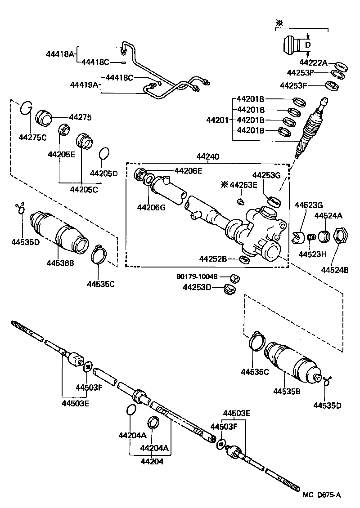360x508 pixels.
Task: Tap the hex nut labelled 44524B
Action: point(341,235)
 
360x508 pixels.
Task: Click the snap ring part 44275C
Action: point(27,108)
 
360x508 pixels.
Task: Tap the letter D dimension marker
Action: point(308,45)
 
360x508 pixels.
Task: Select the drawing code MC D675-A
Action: point(322,495)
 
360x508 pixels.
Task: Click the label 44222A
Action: point(314,63)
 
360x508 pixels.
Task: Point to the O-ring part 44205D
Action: point(103,153)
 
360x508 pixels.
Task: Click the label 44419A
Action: point(84,84)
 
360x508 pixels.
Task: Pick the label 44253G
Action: point(266,175)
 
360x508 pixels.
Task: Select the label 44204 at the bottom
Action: point(152,461)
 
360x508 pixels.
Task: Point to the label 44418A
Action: point(59,54)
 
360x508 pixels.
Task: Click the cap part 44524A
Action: point(324,236)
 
